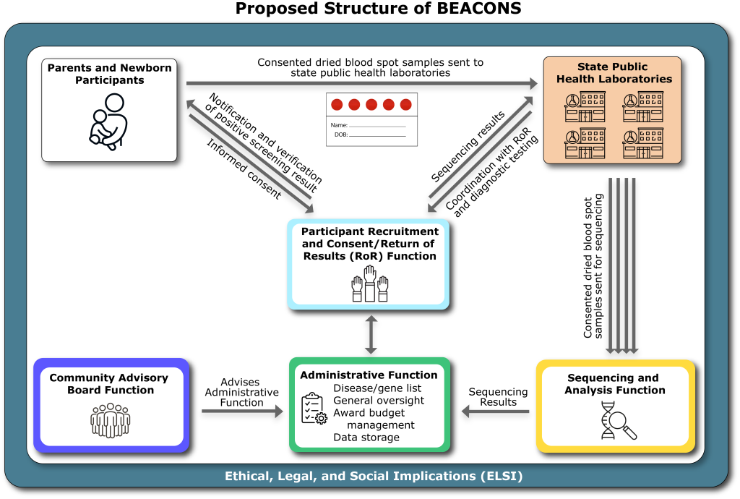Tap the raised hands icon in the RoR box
[370, 283]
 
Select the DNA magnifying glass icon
[619, 420]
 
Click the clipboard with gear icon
[314, 408]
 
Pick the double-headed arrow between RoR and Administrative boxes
[371, 334]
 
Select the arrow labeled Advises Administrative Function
[242, 411]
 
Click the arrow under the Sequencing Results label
[496, 411]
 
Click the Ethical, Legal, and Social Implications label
[374, 477]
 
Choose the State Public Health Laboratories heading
[614, 73]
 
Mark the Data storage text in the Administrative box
[366, 437]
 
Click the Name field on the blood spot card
[368, 125]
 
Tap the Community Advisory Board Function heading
[108, 384]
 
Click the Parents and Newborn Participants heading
[109, 74]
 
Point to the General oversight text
[379, 401]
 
